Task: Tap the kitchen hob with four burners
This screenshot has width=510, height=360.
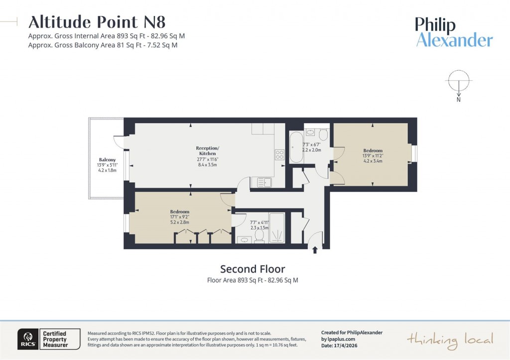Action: (279, 154)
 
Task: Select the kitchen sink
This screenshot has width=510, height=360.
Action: (262, 182)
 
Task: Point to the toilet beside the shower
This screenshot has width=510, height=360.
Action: (259, 236)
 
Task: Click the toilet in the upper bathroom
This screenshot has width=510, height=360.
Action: (323, 134)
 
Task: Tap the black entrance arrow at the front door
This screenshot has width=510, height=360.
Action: (315, 250)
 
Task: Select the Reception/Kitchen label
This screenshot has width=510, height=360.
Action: (207, 151)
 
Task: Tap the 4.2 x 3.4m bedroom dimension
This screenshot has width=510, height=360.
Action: (373, 161)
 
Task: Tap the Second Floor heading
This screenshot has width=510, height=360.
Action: (253, 269)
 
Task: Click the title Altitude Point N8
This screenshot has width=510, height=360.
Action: (97, 22)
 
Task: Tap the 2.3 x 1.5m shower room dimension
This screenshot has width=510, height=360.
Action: (258, 228)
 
